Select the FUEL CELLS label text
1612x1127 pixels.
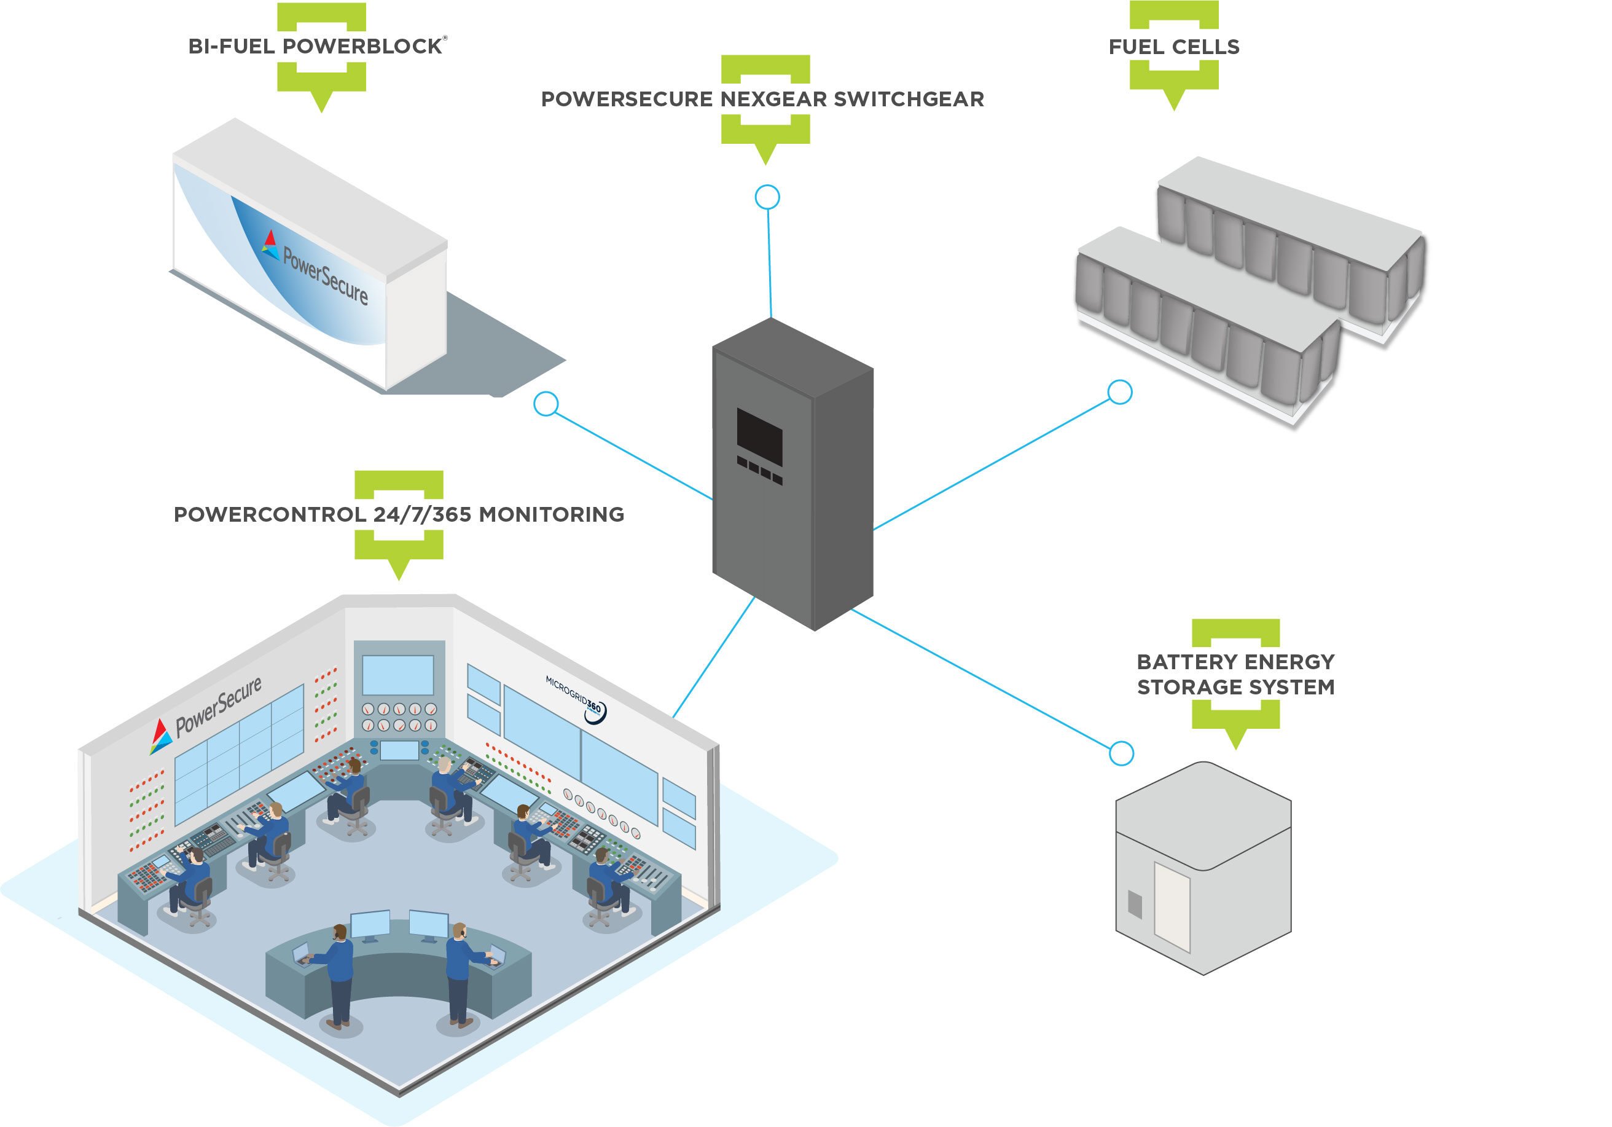pos(1173,47)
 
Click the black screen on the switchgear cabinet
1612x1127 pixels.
pos(759,437)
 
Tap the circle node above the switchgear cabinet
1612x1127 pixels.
pos(767,197)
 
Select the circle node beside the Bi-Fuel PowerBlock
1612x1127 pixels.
pos(546,404)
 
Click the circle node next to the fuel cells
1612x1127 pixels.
pos(1119,392)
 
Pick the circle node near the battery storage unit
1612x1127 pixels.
pos(1121,753)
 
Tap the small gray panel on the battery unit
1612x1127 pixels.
pos(1135,904)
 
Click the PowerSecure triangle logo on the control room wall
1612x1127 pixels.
pos(160,736)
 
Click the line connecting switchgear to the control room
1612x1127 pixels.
pos(713,656)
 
